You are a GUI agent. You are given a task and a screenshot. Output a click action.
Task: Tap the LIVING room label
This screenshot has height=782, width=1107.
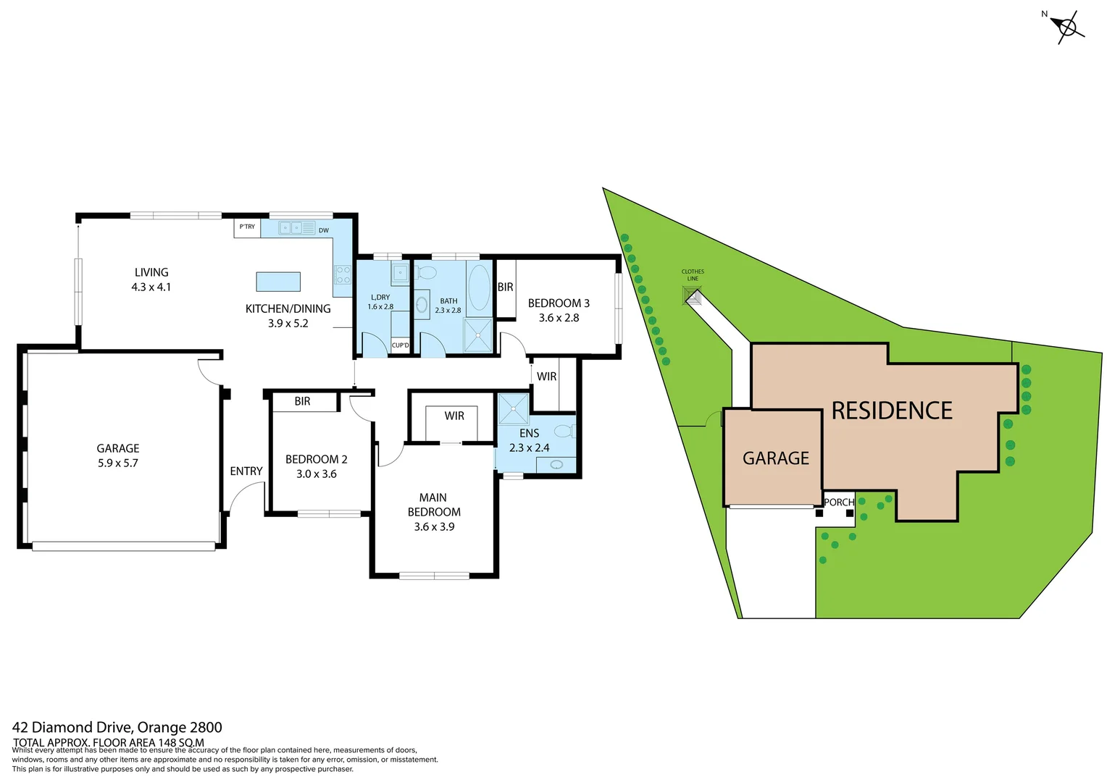pos(151,272)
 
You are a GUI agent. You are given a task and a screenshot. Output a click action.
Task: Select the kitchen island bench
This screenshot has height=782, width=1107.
pos(278,281)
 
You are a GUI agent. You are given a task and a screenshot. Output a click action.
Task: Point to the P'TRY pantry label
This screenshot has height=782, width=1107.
pos(247,227)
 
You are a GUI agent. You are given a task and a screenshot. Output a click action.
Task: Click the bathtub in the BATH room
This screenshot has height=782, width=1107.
pos(479,287)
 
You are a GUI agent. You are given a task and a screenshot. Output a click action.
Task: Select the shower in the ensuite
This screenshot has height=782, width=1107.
pos(514,409)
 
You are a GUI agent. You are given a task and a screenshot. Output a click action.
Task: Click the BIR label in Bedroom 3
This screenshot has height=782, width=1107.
pos(505,287)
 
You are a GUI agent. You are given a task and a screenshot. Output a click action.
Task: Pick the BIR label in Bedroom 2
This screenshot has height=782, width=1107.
pos(302,401)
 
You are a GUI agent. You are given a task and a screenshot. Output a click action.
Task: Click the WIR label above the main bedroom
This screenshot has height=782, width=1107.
pos(454,416)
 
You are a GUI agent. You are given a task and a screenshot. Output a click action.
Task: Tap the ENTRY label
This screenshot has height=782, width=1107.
pos(246,471)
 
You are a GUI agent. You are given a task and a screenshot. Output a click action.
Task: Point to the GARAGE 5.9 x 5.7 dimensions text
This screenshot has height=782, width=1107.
pos(118,463)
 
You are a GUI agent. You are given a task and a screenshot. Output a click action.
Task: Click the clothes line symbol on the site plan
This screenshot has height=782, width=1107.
pos(693,295)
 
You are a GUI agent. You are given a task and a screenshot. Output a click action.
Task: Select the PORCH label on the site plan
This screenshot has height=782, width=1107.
pos(839,502)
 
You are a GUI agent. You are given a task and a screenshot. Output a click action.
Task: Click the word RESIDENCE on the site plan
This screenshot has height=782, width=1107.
pos(891,411)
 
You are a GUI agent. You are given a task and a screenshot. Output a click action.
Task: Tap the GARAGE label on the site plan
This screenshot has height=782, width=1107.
pos(776,458)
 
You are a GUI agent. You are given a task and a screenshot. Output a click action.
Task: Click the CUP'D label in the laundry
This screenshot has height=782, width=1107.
pos(400,345)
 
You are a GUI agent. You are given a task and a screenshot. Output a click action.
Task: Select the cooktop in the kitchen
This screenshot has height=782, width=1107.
pos(343,275)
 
